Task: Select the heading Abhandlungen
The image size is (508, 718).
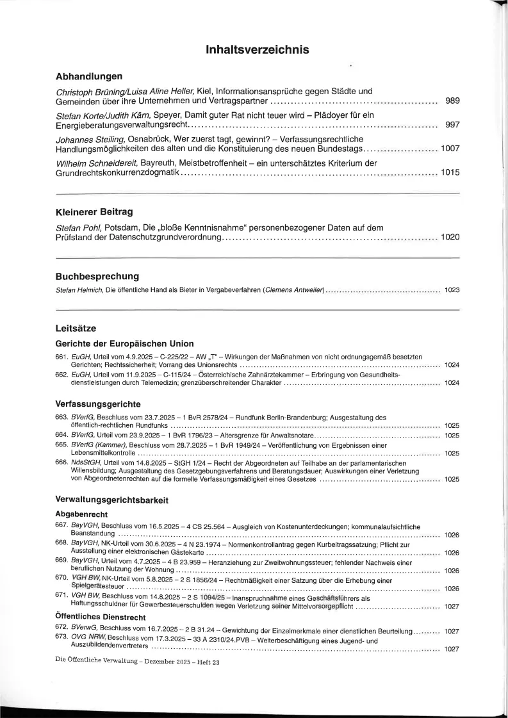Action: [x=89, y=76]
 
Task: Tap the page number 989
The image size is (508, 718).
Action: [x=452, y=101]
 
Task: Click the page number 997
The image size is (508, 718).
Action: [x=452, y=125]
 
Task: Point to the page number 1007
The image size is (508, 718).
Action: [x=450, y=149]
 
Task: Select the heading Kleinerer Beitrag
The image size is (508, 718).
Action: [x=94, y=211]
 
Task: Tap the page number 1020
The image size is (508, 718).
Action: [x=450, y=237]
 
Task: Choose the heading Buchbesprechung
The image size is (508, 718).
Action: [x=97, y=277]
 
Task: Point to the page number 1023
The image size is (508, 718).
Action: [x=452, y=291]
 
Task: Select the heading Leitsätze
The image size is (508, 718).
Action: [x=76, y=329]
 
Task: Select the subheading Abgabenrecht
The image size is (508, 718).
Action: [x=81, y=514]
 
